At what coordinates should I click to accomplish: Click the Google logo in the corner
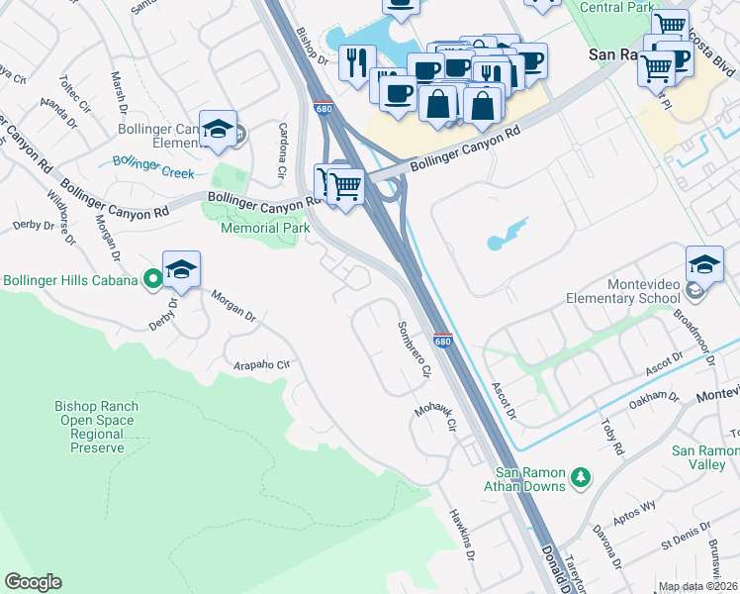tap(33, 582)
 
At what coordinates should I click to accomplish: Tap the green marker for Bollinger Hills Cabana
tap(152, 280)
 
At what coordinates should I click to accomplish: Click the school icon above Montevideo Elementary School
tap(703, 265)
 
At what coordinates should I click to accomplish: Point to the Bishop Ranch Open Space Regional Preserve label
tap(97, 427)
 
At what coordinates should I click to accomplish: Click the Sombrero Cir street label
tap(415, 351)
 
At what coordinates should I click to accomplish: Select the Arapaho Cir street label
tap(261, 364)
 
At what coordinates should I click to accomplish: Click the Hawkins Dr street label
tap(461, 536)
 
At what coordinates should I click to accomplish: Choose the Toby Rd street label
tap(612, 436)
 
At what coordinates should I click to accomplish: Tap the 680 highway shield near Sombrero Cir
tap(442, 341)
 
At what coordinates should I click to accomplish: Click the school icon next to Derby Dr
tap(181, 270)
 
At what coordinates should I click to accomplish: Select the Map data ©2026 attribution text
tap(697, 586)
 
